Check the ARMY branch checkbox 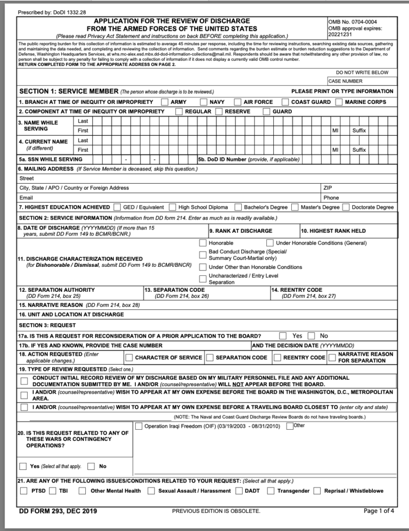click(x=165, y=102)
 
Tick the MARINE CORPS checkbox click(x=339, y=102)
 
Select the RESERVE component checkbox click(x=220, y=111)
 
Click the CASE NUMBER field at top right click(x=362, y=81)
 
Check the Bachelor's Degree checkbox click(x=238, y=207)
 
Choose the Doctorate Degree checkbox click(x=346, y=207)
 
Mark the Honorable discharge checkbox click(x=202, y=243)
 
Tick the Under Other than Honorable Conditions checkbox click(x=202, y=267)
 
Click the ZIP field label click(x=328, y=187)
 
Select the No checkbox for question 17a click(x=310, y=336)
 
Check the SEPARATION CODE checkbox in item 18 click(x=209, y=357)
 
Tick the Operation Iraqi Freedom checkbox click(x=138, y=426)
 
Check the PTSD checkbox click(x=23, y=491)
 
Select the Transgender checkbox click(x=271, y=491)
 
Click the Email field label click(x=26, y=198)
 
